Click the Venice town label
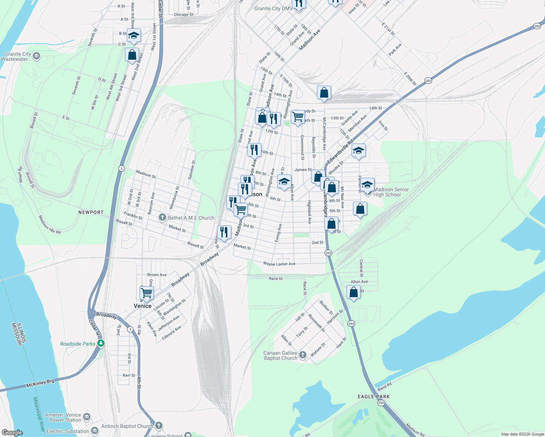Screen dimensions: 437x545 (x=142, y=306)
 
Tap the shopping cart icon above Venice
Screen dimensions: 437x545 (x=146, y=293)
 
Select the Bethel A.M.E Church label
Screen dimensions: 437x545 (x=191, y=218)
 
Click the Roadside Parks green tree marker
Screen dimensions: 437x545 (x=101, y=343)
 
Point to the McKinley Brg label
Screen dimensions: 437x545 (x=40, y=383)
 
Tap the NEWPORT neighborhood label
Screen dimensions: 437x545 (x=91, y=212)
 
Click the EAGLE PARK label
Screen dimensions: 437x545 (x=373, y=397)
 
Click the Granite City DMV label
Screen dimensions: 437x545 (x=273, y=8)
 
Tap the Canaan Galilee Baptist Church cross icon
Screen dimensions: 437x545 (x=303, y=355)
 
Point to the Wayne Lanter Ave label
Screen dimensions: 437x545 (x=279, y=264)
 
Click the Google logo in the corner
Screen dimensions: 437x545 (x=12, y=433)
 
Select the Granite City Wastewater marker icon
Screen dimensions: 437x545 (x=36, y=56)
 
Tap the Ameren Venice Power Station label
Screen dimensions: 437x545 (x=63, y=417)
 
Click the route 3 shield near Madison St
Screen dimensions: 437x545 (x=121, y=168)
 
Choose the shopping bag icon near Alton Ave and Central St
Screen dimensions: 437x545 (x=353, y=292)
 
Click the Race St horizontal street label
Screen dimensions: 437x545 (x=275, y=279)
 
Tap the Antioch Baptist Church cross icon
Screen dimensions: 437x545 (x=158, y=425)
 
